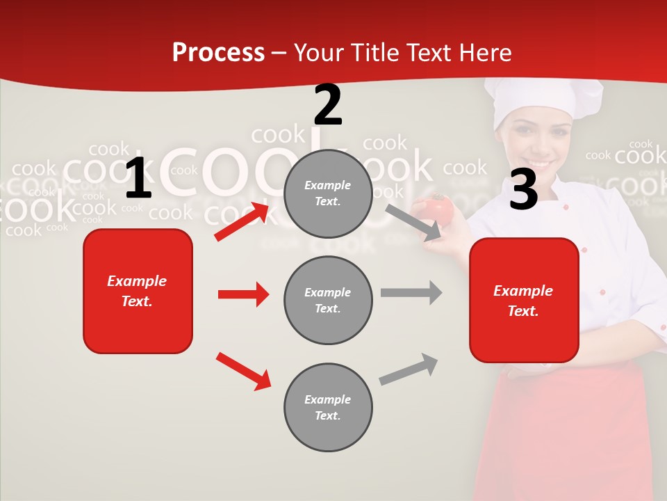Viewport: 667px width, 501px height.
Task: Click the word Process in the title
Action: [x=218, y=53]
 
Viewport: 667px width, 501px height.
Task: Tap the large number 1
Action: [x=138, y=178]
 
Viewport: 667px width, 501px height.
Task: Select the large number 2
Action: [x=328, y=105]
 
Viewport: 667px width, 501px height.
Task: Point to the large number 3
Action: [x=523, y=189]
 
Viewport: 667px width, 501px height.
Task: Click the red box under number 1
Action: [x=138, y=291]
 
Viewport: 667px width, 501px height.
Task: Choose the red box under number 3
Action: [x=524, y=301]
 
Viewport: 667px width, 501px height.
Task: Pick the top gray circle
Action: [x=328, y=193]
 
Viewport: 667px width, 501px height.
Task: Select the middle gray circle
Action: [x=328, y=301]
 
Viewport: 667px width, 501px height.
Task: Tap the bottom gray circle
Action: [x=328, y=408]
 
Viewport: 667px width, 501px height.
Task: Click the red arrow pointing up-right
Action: [x=242, y=221]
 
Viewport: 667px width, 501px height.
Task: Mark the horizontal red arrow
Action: [x=243, y=294]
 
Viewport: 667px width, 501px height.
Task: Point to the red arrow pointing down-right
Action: [x=243, y=371]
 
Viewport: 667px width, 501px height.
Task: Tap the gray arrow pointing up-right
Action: [x=409, y=369]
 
